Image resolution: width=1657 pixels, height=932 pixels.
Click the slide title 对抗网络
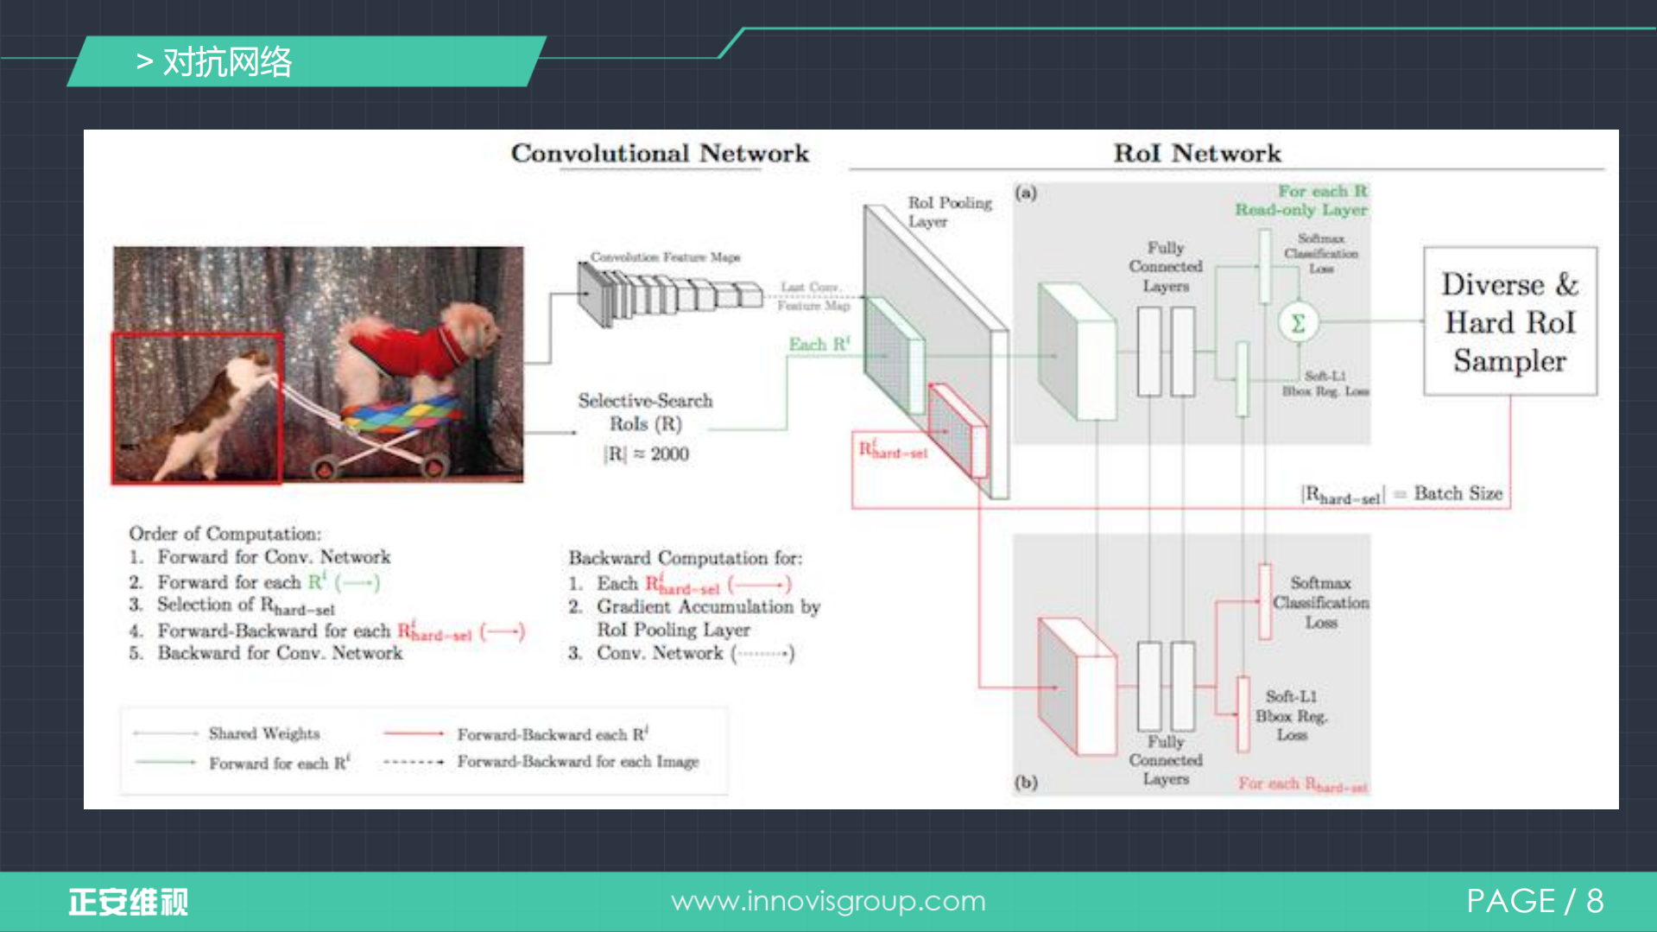click(x=227, y=62)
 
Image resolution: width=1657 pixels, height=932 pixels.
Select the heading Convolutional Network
click(x=660, y=154)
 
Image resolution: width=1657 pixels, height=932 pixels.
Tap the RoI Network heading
click(x=1197, y=154)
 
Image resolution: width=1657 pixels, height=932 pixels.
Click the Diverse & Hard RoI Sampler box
click(x=1509, y=321)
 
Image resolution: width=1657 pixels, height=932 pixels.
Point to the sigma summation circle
click(x=1297, y=323)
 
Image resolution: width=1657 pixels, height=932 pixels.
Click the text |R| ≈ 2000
click(x=646, y=454)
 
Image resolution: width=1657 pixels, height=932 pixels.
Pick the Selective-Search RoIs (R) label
click(x=645, y=412)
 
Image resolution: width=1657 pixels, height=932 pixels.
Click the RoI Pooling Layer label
click(x=949, y=212)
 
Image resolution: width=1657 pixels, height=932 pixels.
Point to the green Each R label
click(x=819, y=345)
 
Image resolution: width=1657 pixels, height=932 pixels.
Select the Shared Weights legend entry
click(x=263, y=733)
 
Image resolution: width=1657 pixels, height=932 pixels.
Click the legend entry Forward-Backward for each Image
click(x=578, y=762)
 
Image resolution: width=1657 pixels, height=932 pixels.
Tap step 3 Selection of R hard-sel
click(x=244, y=605)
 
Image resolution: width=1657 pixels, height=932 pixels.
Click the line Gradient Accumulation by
click(x=707, y=606)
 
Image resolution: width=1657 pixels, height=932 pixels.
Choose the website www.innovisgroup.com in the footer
click(x=828, y=901)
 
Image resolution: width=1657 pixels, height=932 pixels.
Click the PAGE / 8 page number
click(x=1534, y=901)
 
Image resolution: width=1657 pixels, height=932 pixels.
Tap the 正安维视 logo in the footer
click(x=128, y=902)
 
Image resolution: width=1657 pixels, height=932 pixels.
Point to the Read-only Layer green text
click(x=1300, y=210)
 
